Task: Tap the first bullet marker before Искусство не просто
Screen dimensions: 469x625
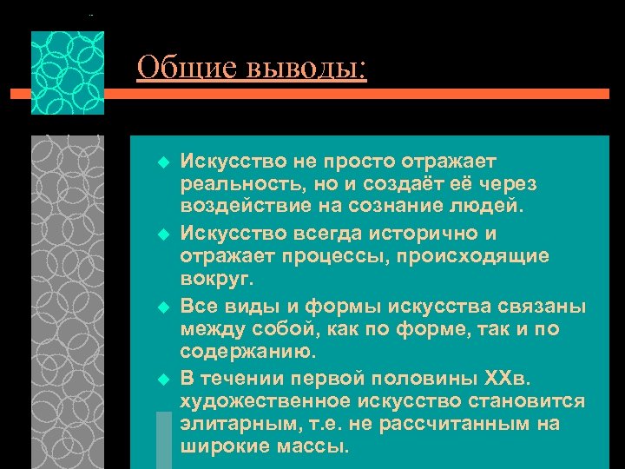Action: (161, 162)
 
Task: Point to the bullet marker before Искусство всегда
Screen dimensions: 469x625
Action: (161, 234)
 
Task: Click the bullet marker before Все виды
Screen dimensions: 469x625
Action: (161, 307)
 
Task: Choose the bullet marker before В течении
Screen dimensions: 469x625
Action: (161, 380)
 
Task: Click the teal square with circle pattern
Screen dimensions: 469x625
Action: (68, 73)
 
